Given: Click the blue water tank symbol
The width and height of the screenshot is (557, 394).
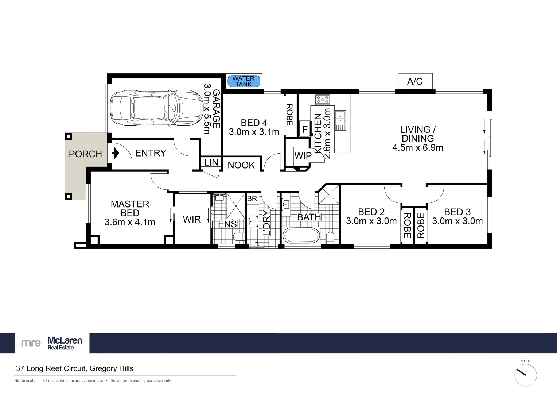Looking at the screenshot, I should tap(244, 81).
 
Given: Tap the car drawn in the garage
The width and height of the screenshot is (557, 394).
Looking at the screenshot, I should tap(156, 108).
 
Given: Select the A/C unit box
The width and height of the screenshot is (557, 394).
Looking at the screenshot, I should tap(415, 81).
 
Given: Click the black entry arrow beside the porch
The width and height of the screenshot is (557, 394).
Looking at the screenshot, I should tap(116, 153).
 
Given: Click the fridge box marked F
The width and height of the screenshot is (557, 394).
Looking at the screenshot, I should tap(305, 130).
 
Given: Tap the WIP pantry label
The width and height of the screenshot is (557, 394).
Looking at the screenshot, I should tap(303, 156).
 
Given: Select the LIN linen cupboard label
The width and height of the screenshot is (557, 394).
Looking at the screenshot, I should tap(211, 162).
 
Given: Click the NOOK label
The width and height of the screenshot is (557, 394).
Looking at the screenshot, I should tap(241, 165).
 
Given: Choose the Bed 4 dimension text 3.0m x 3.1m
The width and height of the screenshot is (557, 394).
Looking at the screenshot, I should tap(254, 132).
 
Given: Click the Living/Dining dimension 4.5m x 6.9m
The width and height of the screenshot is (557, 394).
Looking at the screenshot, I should tap(418, 148).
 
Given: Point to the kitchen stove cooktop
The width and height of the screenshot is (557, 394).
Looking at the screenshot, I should tap(322, 99).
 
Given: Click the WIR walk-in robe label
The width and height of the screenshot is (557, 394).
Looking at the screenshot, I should tap(192, 219).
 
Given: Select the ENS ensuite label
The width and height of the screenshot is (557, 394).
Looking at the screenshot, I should tap(227, 224).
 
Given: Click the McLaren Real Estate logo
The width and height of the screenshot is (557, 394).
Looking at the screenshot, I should tap(52, 343).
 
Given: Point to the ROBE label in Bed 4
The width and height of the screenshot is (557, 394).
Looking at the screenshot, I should tap(289, 115).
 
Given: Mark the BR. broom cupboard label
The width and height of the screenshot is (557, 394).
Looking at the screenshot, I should tap(253, 199).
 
